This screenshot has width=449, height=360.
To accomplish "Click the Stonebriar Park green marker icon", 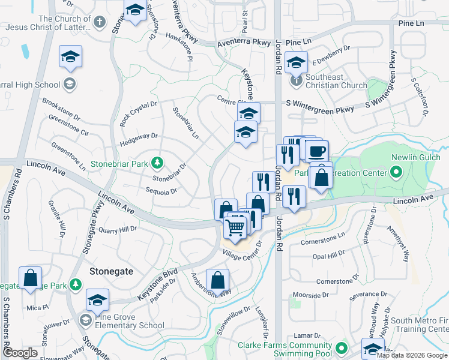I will click(x=157, y=163).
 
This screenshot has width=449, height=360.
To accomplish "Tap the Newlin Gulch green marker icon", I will click(x=396, y=173).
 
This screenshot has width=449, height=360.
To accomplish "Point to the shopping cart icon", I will click(x=235, y=227).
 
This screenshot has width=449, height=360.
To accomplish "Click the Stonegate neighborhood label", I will click(x=111, y=271).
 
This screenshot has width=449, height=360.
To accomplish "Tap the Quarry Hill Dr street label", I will click(x=117, y=229).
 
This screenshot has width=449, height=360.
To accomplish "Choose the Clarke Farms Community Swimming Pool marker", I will click(x=342, y=348).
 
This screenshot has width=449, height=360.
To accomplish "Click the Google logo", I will click(x=20, y=353).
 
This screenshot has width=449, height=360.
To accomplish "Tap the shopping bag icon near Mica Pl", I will click(x=30, y=278).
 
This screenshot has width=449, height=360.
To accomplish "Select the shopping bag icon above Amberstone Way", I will click(x=217, y=281).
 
